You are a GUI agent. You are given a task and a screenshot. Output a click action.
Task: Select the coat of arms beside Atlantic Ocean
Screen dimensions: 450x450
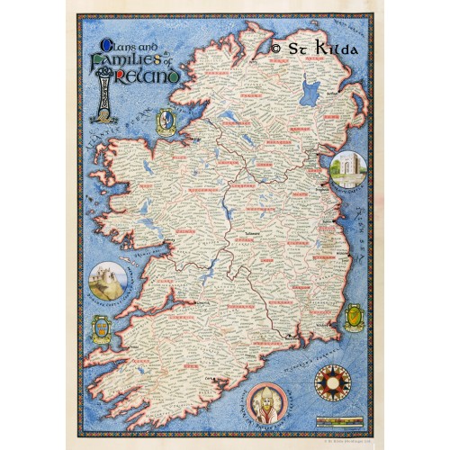point(166,119)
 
